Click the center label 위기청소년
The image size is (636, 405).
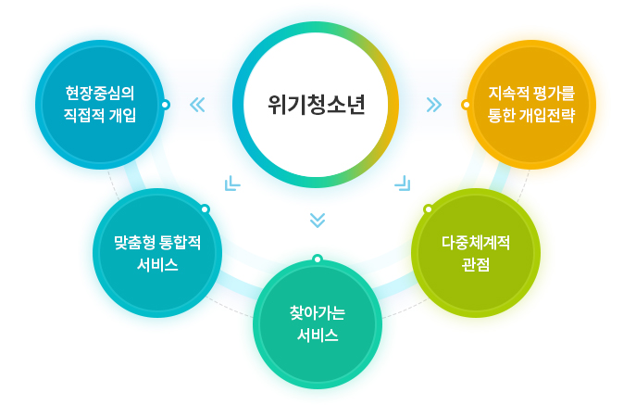point(317,105)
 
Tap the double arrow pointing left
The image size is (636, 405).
point(197,105)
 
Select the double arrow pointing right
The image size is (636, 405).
point(434,105)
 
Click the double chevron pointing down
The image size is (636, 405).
point(318,221)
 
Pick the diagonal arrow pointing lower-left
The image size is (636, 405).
point(232,184)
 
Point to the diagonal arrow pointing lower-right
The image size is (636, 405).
point(403,184)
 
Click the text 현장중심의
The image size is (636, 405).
point(100,93)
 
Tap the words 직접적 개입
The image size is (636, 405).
point(100,115)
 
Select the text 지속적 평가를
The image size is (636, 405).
point(531,93)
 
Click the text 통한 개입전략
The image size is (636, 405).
point(531,115)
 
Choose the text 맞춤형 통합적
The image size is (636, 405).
point(157,243)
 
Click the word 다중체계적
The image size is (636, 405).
point(476,243)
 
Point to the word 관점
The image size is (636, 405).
point(476,265)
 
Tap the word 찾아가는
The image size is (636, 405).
point(318,313)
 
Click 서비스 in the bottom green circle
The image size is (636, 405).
point(318,335)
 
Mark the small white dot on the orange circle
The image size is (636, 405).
point(466,105)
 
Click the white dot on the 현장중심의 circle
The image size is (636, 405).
point(165,105)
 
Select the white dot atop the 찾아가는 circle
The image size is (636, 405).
point(318,259)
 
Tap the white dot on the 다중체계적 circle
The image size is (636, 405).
point(428,209)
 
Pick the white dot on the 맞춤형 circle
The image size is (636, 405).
point(206,209)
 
